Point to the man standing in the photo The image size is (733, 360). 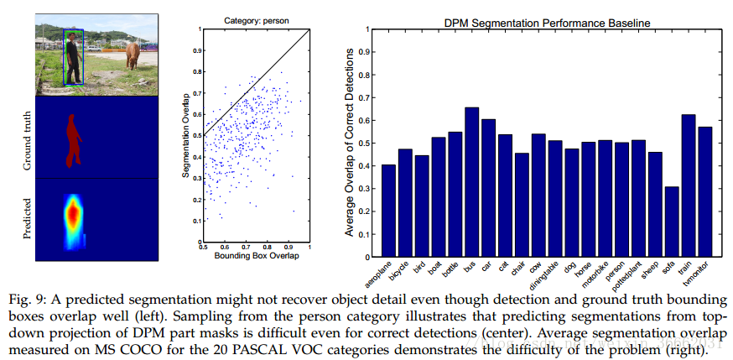(x=74, y=59)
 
